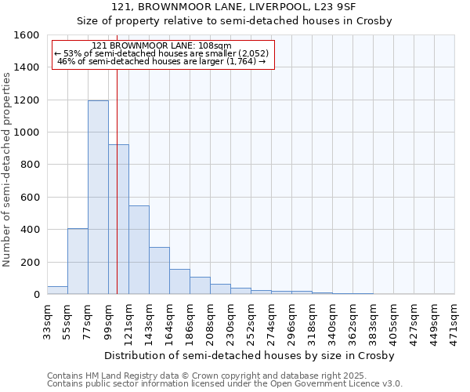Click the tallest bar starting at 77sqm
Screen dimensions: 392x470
pos(98,198)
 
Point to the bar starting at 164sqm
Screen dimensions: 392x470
pos(179,281)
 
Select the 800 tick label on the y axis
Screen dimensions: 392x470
pos(30,165)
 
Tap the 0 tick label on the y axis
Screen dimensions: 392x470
pos(37,295)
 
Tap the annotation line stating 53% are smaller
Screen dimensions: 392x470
pos(162,53)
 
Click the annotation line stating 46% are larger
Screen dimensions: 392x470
pos(162,61)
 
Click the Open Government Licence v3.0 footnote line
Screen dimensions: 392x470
pos(224,384)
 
